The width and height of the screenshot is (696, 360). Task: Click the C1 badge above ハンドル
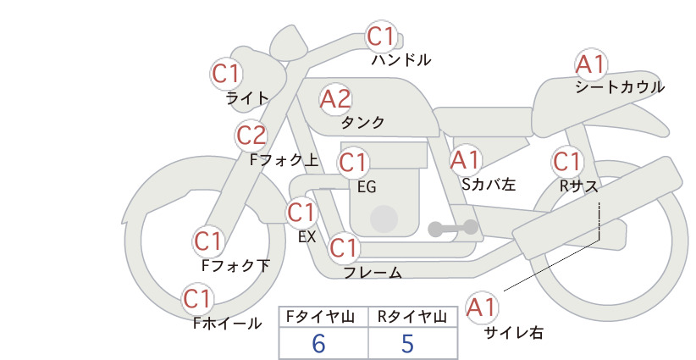pos(381,36)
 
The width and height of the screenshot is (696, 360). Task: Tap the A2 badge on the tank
pos(335,99)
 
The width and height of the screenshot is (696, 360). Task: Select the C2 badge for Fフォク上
pos(251,136)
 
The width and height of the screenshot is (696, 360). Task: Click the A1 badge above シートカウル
pos(591,65)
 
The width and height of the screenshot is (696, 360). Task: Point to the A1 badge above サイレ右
pos(482,307)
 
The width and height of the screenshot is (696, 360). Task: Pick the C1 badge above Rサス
pos(567,162)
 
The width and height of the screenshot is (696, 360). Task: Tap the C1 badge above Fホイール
pos(197,299)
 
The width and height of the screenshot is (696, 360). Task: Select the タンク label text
pos(362,123)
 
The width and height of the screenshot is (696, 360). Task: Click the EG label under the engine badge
pos(367,187)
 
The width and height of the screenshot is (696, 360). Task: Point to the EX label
pos(307,237)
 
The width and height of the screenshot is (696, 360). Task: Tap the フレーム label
pos(373,273)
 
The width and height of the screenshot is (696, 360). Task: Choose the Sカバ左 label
pos(489,184)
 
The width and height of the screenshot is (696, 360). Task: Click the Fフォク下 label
pos(235,265)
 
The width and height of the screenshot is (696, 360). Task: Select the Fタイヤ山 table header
pos(320,317)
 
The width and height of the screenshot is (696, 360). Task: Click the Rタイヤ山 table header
pos(412,317)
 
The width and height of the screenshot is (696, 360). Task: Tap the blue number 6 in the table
pos(318,343)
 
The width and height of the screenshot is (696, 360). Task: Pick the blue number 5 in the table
pos(407,343)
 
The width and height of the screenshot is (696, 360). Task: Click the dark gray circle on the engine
pos(384,219)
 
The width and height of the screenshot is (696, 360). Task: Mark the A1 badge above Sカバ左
pos(466,160)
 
